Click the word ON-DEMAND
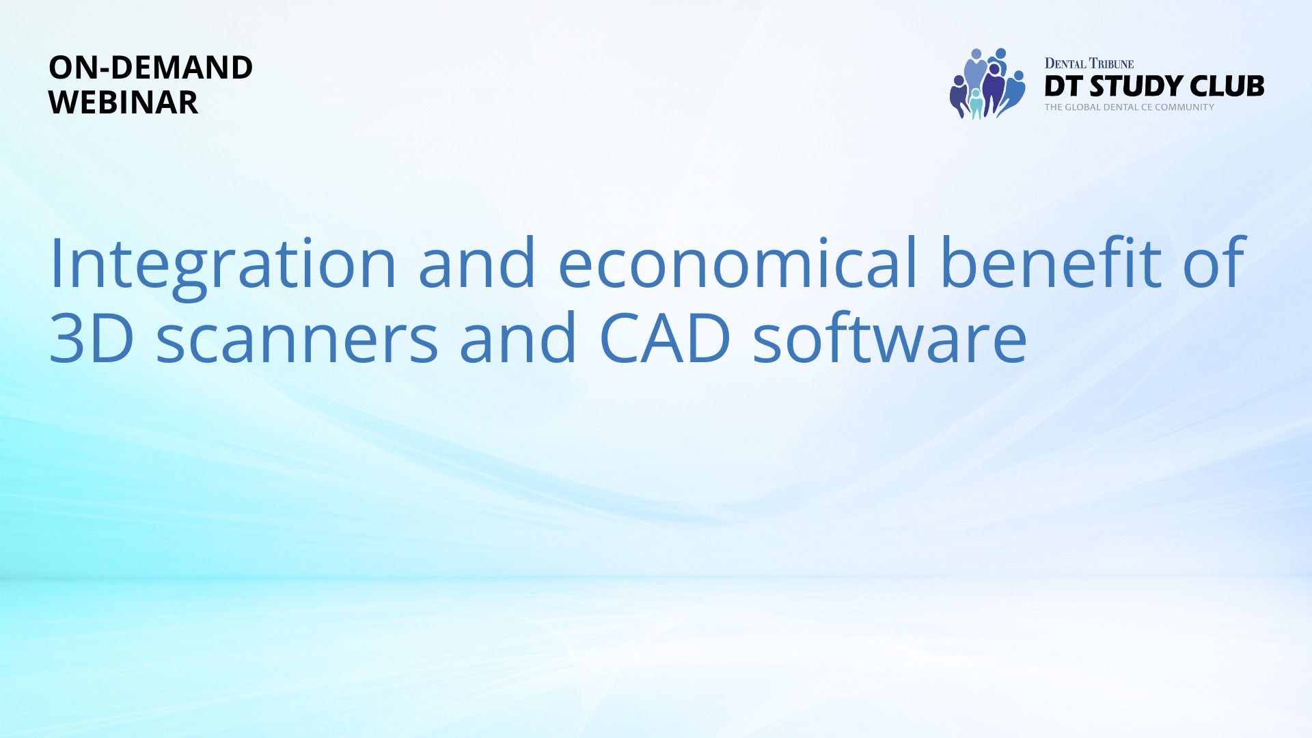click(x=151, y=68)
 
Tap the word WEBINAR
click(x=124, y=102)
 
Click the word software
click(x=890, y=337)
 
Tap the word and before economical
click(x=478, y=262)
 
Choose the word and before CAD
click(x=519, y=336)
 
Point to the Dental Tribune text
click(x=1089, y=64)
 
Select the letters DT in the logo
click(x=1063, y=86)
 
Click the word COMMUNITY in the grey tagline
click(x=1184, y=107)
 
